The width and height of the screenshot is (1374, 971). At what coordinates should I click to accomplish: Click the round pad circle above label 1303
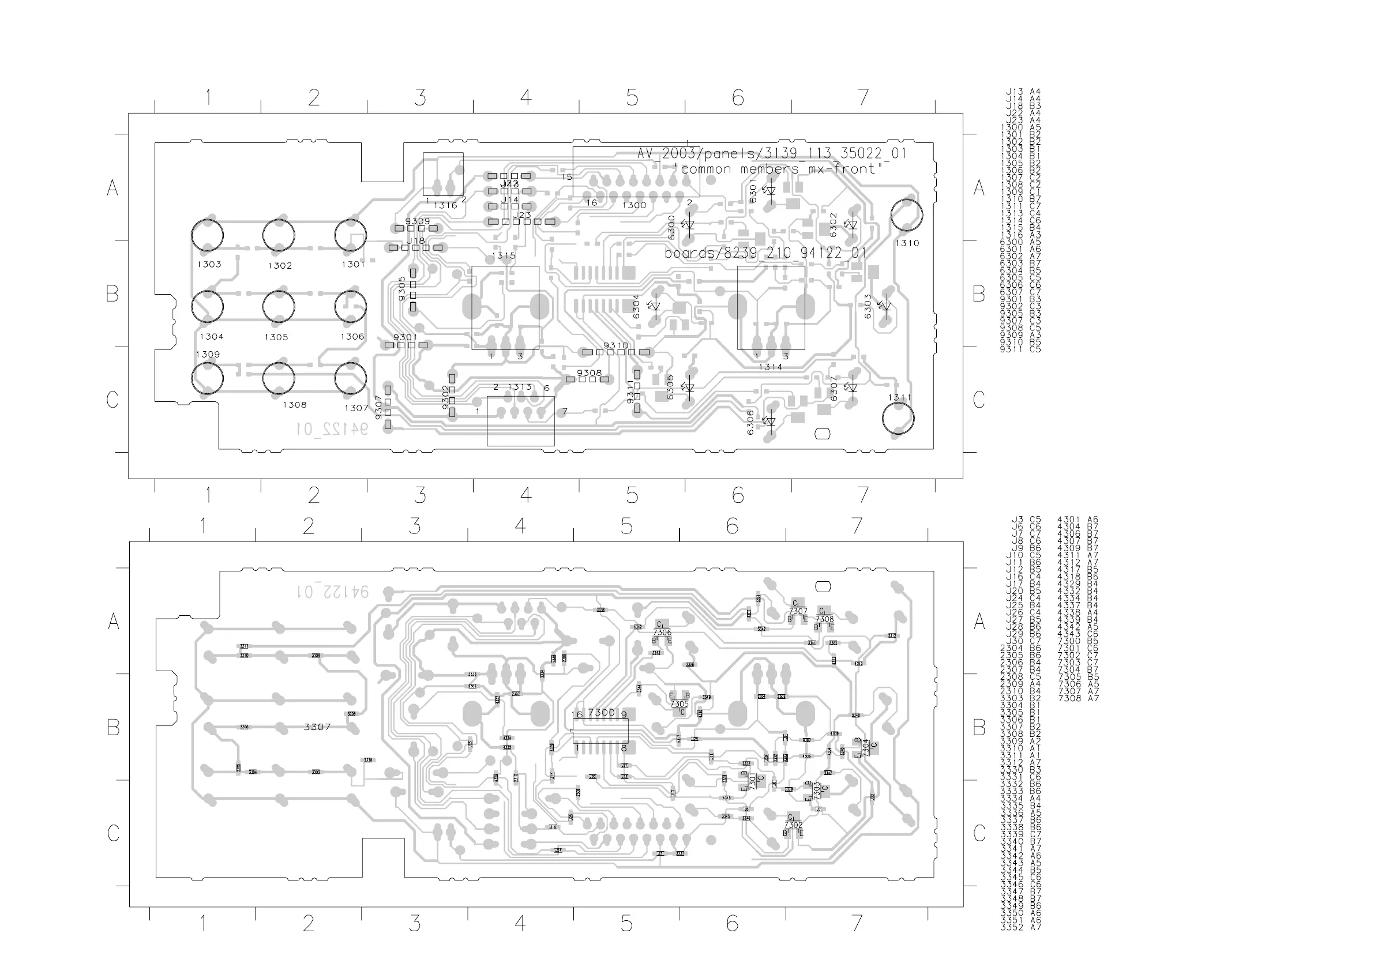pos(207,235)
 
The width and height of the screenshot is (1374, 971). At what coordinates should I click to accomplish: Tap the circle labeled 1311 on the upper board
pos(898,418)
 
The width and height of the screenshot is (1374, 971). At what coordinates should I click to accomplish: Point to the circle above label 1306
pos(350,306)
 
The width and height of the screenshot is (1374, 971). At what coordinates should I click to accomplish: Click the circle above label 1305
pos(278,306)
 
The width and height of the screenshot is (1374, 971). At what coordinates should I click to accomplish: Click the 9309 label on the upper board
pos(417,221)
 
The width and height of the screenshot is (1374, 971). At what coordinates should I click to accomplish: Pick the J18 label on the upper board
pos(415,241)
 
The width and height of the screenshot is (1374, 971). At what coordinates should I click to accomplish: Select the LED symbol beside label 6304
pos(655,306)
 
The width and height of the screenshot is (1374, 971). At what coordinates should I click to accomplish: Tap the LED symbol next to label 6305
pos(689,387)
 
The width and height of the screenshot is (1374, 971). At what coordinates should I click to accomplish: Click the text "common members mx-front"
pos(782,170)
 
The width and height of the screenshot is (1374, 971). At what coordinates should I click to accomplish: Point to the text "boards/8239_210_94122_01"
pos(765,253)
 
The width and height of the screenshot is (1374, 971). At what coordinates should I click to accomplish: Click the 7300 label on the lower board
pos(601,713)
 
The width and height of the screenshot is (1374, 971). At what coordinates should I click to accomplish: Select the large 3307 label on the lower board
pos(317,727)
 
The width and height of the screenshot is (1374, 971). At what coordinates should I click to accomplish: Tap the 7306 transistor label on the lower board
pos(662,632)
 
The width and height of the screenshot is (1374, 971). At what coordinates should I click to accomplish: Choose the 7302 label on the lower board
pos(793,825)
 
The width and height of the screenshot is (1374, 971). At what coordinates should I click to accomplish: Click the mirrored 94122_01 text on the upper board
pos(332,429)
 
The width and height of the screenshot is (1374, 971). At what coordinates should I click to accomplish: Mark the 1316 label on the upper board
pos(445,205)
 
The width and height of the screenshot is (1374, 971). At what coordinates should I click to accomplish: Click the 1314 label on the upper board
pos(770,367)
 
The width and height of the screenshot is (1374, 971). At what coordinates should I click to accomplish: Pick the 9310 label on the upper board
pos(616,346)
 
